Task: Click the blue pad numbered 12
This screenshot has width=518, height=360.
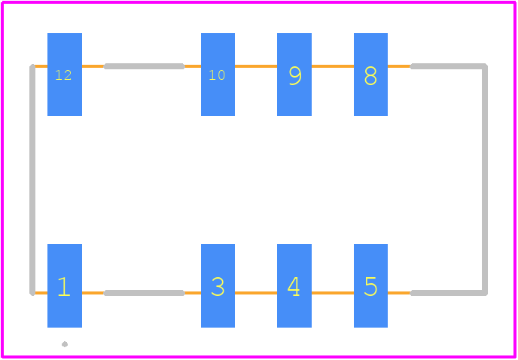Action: click(x=65, y=75)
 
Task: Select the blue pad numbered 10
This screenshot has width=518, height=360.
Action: click(x=218, y=75)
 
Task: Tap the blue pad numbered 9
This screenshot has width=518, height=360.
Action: click(x=294, y=75)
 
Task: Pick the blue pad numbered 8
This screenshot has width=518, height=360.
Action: click(x=370, y=75)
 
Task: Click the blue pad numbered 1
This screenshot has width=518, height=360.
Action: click(x=65, y=286)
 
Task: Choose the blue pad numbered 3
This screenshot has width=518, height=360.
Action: click(x=218, y=286)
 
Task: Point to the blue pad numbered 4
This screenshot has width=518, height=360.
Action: click(x=294, y=286)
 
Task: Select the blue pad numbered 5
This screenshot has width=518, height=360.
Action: click(x=370, y=286)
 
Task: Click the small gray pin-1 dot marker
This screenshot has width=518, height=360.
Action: click(x=65, y=344)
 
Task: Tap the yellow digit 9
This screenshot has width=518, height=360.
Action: click(x=295, y=76)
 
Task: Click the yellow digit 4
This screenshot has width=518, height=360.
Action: click(x=294, y=286)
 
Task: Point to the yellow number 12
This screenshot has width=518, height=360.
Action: click(x=63, y=75)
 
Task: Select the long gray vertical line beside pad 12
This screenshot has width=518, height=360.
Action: click(x=32, y=179)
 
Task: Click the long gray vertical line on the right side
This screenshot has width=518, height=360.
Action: click(x=485, y=179)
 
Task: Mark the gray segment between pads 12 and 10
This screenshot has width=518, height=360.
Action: click(x=145, y=66)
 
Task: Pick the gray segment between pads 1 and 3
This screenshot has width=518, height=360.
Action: click(x=145, y=293)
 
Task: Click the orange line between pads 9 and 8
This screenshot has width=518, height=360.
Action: click(x=333, y=66)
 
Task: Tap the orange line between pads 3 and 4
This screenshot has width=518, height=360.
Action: click(x=256, y=293)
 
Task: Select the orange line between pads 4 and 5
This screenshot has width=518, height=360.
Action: click(x=333, y=293)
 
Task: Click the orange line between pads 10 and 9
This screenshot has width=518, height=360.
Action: click(x=256, y=66)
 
